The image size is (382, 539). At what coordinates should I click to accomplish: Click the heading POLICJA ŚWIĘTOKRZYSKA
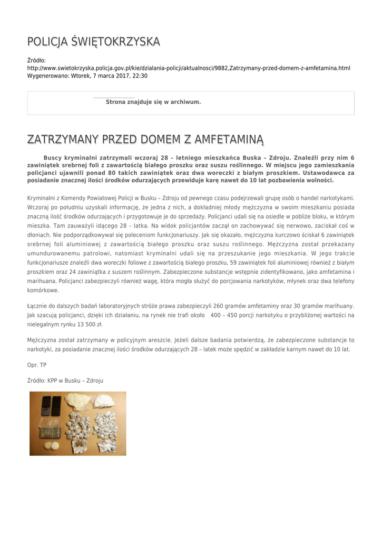point(94,42)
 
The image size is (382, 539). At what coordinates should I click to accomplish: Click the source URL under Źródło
point(189,68)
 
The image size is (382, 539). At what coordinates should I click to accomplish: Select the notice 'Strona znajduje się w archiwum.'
point(153,102)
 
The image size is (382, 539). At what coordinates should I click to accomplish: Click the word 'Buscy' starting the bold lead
point(53,157)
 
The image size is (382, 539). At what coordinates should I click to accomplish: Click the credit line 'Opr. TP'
point(37,365)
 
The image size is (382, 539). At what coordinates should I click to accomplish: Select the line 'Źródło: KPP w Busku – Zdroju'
point(65,380)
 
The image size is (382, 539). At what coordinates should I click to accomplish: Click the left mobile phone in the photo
point(46,406)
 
